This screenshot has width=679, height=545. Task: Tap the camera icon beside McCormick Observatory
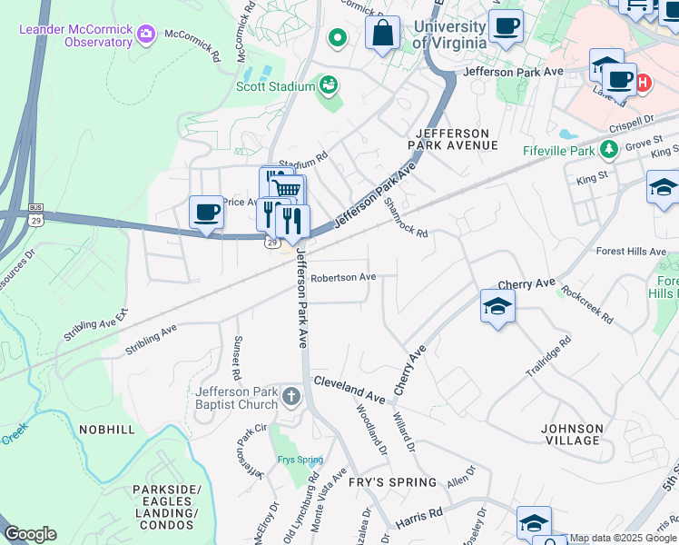pos(147,35)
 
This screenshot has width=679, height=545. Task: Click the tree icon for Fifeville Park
pos(612,149)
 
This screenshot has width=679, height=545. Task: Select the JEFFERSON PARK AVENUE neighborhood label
pos(453,139)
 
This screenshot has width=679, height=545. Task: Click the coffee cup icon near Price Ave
pos(207,213)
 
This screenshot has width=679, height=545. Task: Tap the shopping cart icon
pos(287,189)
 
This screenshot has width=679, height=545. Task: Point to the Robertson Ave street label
pos(342,277)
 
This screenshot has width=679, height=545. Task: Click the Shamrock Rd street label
pos(405,218)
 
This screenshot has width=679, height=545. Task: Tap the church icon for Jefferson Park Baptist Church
pos(291,396)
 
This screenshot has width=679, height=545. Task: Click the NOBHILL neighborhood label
pos(107,430)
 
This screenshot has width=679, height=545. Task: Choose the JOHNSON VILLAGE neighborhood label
pos(571,434)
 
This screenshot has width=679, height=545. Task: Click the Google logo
pos(30,534)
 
